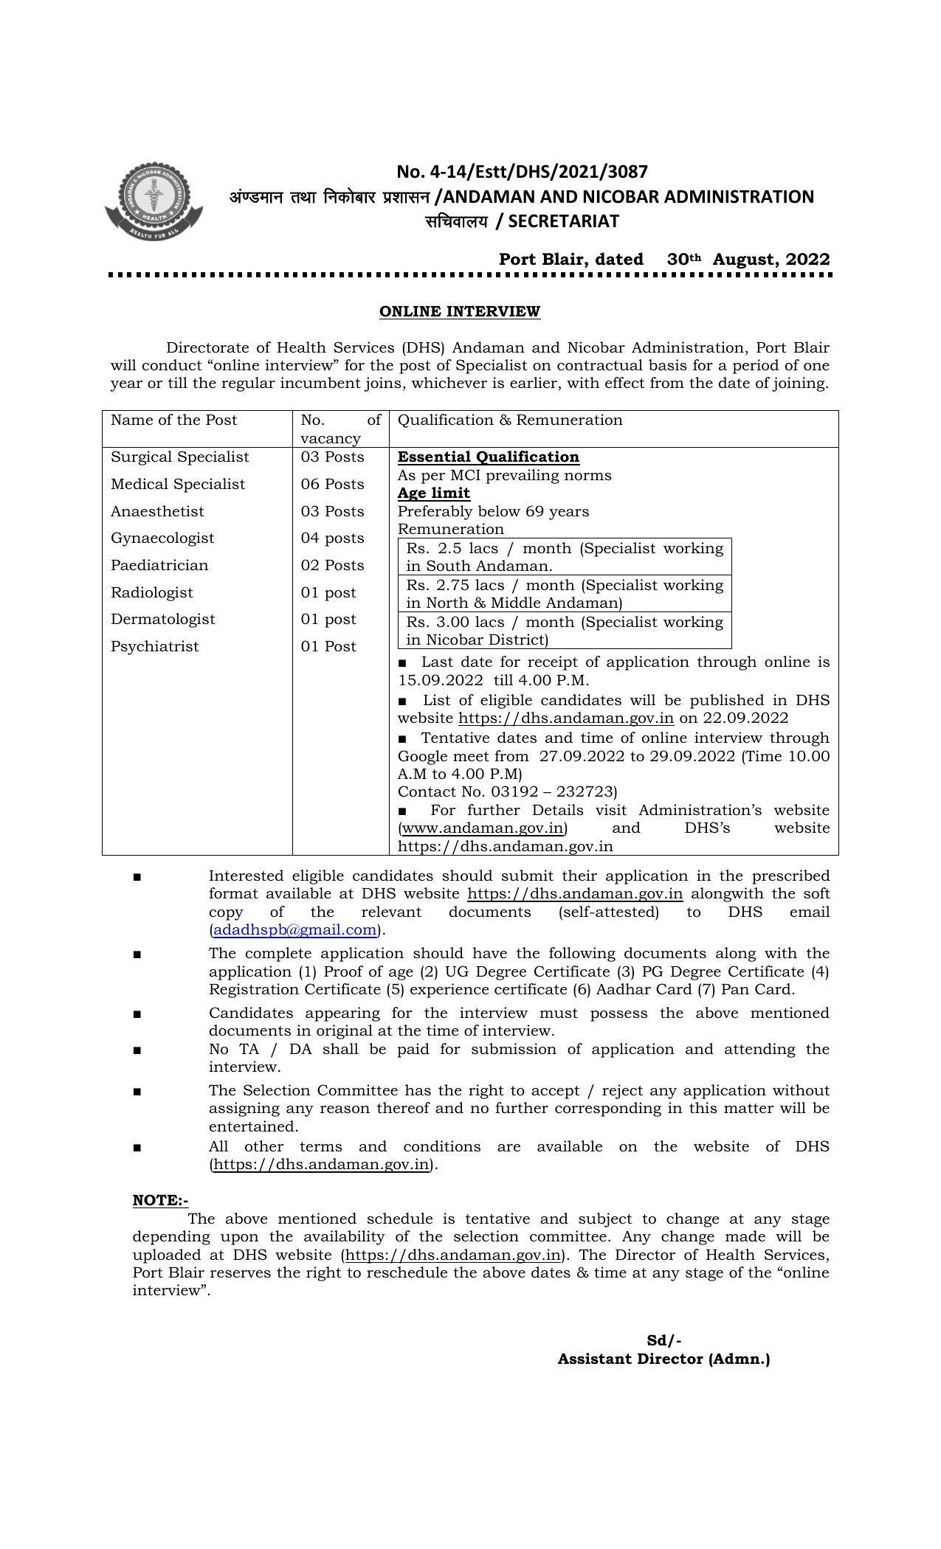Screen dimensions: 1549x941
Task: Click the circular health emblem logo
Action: (154, 201)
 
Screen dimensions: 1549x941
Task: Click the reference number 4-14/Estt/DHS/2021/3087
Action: (522, 172)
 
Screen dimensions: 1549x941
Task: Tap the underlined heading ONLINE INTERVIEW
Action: (459, 311)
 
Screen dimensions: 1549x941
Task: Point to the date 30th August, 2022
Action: (748, 260)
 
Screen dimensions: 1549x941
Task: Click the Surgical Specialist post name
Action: (180, 457)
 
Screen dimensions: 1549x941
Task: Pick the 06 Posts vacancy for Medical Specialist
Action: (332, 485)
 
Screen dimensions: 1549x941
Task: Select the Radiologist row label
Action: (152, 592)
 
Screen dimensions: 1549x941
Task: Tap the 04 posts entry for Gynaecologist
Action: (332, 538)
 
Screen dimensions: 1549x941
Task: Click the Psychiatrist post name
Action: (155, 647)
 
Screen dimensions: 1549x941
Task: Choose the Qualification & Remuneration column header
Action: (510, 420)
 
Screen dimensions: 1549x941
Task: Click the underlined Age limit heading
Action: (434, 493)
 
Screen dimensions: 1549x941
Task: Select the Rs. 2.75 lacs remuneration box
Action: (565, 594)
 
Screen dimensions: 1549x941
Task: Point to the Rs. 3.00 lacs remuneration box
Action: (565, 631)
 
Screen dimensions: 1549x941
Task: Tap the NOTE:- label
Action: (160, 1200)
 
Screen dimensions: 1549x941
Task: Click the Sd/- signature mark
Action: (663, 1340)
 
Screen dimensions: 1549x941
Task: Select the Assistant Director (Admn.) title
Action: (663, 1359)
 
